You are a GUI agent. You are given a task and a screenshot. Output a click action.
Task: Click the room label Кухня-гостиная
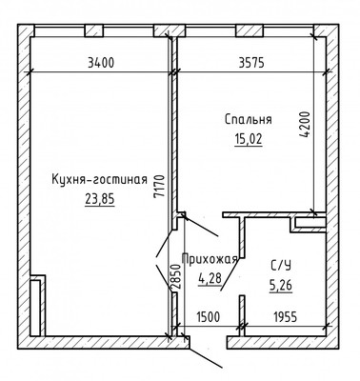pyautogui.click(x=99, y=179)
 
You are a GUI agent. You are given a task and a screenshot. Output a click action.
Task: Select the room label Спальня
pyautogui.click(x=248, y=120)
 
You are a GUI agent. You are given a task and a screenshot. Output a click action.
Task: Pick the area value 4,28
pyautogui.click(x=208, y=278)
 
